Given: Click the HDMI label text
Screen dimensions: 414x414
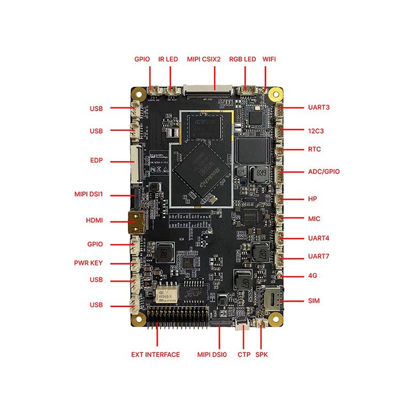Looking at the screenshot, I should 94,220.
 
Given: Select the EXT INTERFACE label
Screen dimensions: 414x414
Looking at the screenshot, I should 155,354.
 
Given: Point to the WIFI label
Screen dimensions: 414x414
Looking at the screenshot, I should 269,59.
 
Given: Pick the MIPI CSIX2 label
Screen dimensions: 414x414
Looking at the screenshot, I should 204,59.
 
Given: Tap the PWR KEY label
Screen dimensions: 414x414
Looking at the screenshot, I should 88,263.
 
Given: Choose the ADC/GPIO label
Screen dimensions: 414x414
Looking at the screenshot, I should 324,171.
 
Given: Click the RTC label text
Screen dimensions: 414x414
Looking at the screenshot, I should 315,150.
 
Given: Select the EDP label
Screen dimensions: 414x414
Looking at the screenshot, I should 96,160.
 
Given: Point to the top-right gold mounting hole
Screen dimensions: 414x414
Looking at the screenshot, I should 274,95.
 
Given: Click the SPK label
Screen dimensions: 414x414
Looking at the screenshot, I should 262,354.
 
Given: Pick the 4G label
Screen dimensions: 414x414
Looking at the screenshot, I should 313,276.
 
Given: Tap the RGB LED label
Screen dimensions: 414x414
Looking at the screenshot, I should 243,59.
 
